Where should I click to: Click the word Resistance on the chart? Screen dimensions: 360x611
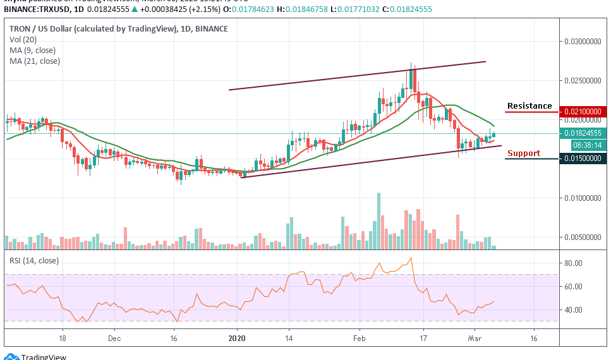[x=529, y=106]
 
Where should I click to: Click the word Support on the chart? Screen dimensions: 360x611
[x=524, y=153]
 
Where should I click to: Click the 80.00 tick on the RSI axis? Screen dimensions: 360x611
[x=572, y=263]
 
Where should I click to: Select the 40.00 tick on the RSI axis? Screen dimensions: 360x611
[x=572, y=310]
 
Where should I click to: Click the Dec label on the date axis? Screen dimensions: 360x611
[x=114, y=338]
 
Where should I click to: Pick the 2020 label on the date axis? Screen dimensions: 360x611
[x=237, y=338]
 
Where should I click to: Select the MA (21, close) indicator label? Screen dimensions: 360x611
[x=35, y=61]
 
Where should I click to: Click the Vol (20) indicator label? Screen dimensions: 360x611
[x=24, y=40]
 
